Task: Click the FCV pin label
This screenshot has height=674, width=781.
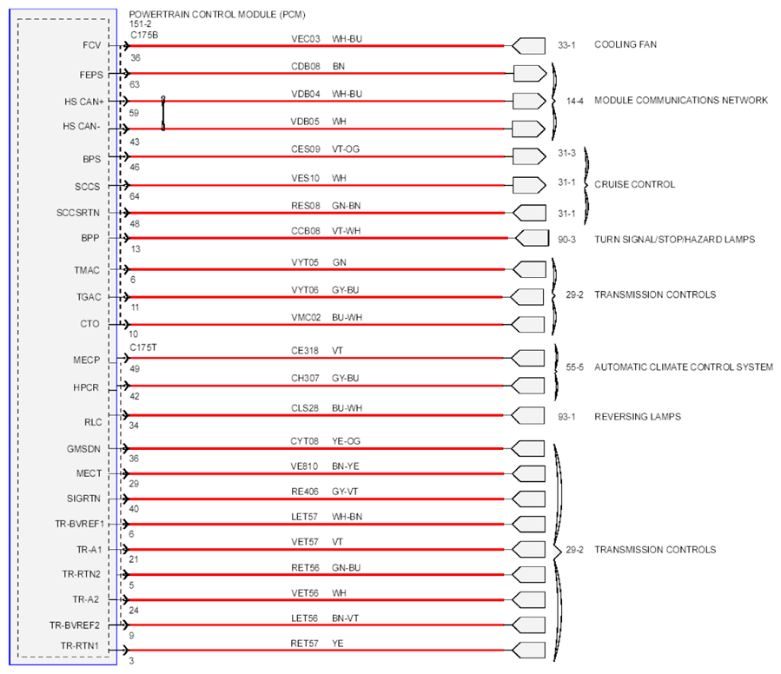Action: [91, 45]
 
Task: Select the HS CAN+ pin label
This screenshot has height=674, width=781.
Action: [84, 102]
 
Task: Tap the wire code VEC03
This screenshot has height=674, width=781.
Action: [305, 39]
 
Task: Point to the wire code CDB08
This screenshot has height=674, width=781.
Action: [305, 66]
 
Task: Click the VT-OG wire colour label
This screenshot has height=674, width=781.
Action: [346, 149]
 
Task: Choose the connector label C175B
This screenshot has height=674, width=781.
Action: [144, 35]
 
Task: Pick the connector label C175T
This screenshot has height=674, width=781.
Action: [143, 347]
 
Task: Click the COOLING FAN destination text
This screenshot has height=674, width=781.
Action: [625, 44]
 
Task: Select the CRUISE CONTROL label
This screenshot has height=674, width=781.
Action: [634, 184]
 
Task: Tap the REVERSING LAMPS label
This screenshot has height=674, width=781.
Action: [638, 416]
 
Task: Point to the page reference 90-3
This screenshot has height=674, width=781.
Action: [566, 240]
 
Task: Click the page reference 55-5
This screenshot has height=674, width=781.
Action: [574, 367]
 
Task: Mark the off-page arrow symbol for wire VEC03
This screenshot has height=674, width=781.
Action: [528, 46]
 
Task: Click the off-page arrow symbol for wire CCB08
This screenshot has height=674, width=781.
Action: [532, 238]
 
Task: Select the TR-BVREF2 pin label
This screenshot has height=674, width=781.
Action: [75, 625]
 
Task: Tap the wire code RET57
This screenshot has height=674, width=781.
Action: [304, 644]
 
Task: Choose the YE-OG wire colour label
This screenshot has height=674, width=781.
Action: [346, 441]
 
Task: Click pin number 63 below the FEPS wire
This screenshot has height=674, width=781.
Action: [135, 85]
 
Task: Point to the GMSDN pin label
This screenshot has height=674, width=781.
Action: [83, 449]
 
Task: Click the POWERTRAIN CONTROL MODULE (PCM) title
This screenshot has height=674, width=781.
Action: [217, 15]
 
